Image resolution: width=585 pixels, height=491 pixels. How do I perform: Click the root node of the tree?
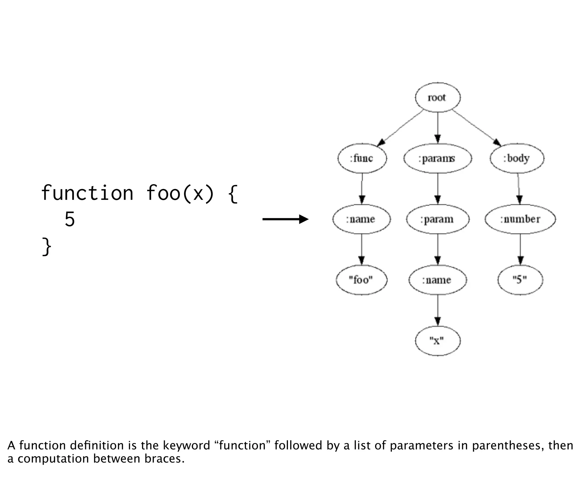(x=437, y=97)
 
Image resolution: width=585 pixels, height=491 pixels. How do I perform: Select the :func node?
(x=362, y=158)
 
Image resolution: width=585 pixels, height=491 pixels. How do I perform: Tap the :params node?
(x=437, y=158)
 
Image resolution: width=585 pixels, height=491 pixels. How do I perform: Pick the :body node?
(x=517, y=158)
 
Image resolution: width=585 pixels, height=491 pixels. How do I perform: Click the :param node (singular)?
(x=437, y=219)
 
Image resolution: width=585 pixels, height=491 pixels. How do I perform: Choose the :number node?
(x=520, y=219)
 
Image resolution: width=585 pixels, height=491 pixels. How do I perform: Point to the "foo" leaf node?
(x=361, y=280)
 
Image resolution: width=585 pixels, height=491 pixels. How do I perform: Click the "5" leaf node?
(x=520, y=280)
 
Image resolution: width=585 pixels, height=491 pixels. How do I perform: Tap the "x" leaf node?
(x=437, y=341)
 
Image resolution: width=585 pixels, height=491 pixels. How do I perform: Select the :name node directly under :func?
(x=361, y=219)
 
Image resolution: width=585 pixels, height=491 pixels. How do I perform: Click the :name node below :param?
(x=437, y=280)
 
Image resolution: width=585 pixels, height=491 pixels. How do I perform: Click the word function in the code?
(x=87, y=193)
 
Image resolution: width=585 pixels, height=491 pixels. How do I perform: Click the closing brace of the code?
(x=47, y=247)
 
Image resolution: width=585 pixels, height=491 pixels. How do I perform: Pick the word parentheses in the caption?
(x=508, y=445)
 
